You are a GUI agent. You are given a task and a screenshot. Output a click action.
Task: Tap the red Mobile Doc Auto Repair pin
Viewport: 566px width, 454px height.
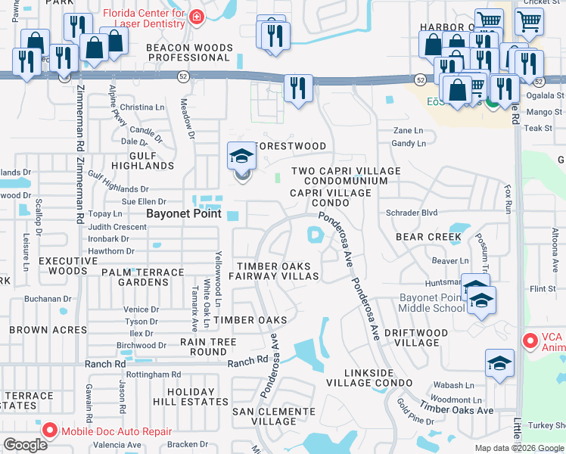click(50, 431)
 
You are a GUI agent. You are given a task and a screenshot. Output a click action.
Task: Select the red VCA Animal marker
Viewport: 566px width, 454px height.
click(530, 342)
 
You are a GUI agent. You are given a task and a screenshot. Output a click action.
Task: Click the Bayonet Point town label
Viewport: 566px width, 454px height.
click(184, 213)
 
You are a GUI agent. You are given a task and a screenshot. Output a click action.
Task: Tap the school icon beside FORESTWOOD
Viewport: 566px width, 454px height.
click(242, 157)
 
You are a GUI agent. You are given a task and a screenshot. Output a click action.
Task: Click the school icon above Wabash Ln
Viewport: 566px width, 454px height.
click(499, 364)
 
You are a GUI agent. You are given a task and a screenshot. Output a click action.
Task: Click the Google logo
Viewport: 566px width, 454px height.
click(25, 445)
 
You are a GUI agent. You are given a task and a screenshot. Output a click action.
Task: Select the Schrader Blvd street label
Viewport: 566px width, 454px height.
click(412, 213)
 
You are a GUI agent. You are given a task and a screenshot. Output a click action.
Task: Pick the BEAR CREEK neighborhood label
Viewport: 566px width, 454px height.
click(428, 237)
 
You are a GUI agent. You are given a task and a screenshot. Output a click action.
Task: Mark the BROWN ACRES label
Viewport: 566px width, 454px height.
click(39, 330)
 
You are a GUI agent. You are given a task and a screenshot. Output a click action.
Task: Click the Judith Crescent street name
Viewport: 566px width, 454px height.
click(117, 226)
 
